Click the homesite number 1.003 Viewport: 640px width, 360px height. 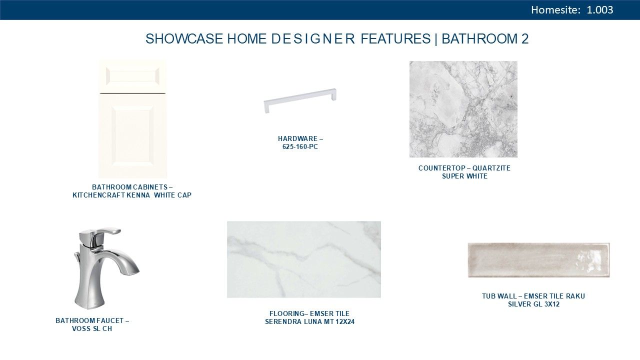599,10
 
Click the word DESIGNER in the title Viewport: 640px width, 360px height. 313,39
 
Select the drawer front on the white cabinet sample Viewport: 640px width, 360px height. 132,76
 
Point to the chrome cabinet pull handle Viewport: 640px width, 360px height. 300,100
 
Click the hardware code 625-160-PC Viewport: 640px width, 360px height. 300,147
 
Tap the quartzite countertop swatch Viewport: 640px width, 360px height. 463,109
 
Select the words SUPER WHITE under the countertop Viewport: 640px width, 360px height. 464,176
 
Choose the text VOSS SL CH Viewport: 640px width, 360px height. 92,329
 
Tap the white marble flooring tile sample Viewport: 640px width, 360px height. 303,259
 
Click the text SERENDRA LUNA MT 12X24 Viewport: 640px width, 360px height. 309,321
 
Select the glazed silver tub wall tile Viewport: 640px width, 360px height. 538,260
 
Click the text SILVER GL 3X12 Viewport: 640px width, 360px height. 533,304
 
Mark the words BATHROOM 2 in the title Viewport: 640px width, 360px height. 485,39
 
